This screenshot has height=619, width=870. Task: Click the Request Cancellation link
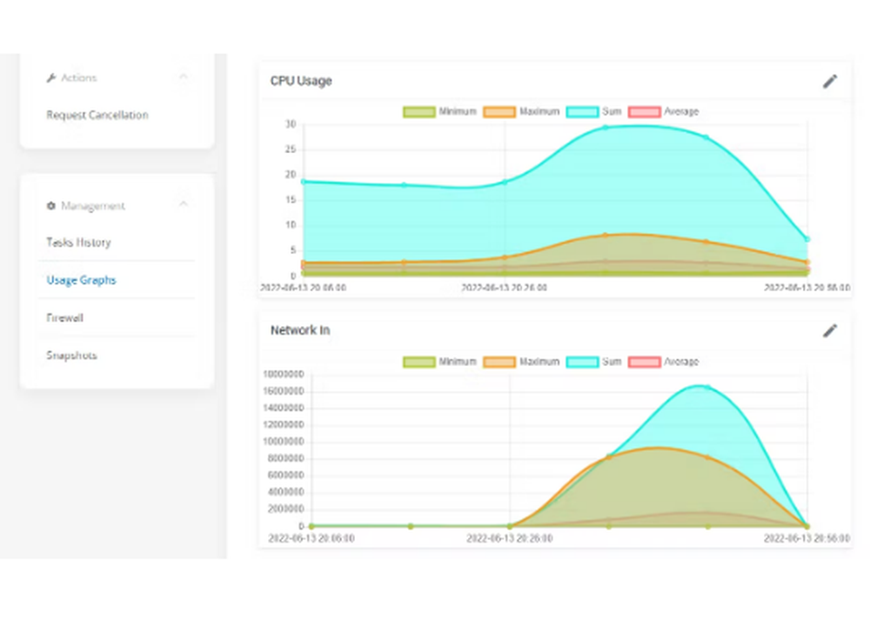(97, 115)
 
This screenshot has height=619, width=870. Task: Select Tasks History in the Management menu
(78, 243)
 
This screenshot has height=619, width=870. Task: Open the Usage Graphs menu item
(81, 280)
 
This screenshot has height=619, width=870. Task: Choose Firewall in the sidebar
(64, 318)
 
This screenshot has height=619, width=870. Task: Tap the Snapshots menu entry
(71, 356)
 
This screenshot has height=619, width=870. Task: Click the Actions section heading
(78, 77)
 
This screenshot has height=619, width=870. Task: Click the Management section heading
(92, 206)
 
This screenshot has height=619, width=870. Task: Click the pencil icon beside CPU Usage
(830, 81)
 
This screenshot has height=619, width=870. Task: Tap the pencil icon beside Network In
(830, 330)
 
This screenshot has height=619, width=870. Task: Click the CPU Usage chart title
(301, 81)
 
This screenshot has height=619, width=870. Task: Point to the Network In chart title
(300, 330)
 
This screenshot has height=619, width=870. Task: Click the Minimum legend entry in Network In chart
(438, 362)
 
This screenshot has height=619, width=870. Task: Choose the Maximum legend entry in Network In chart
(520, 362)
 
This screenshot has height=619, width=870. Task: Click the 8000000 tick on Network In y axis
(284, 458)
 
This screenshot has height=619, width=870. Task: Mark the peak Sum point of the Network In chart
(707, 388)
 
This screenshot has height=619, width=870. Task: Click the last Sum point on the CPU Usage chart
(806, 239)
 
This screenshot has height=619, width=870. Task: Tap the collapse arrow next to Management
(183, 205)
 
